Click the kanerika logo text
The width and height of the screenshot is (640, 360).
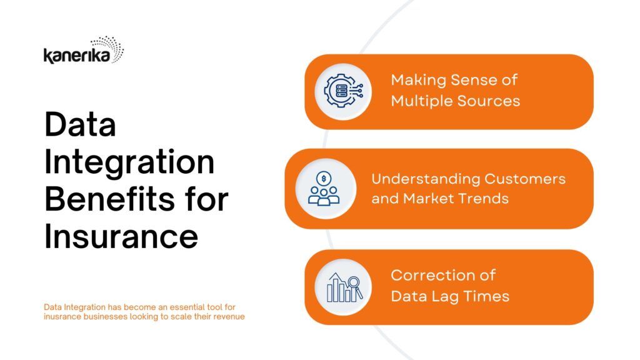(77, 56)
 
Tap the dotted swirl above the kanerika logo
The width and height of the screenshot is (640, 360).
(109, 47)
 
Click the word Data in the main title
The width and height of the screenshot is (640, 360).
(80, 124)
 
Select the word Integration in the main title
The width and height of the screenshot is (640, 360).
(129, 162)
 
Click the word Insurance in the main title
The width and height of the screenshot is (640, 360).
(121, 236)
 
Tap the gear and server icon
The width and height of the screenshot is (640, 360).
(343, 91)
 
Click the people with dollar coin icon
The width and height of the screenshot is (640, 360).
(324, 189)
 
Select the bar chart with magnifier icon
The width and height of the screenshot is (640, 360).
(344, 287)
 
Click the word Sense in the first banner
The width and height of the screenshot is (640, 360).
(464, 80)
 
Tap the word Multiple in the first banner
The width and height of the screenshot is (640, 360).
(421, 101)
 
